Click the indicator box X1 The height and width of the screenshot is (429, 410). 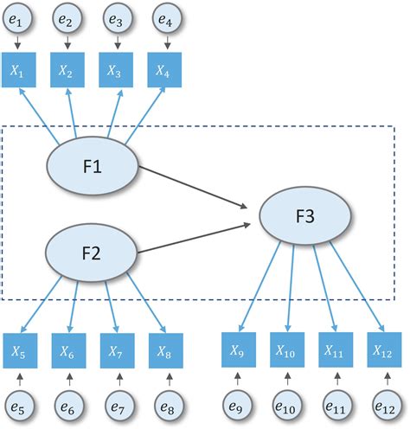18,72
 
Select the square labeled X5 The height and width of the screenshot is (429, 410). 18,351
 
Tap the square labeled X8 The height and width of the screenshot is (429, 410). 163,351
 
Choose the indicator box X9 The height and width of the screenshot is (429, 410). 237,351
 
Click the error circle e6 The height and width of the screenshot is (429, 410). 67,405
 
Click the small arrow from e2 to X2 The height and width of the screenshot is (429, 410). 67,44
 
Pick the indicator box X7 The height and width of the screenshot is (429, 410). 115,351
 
